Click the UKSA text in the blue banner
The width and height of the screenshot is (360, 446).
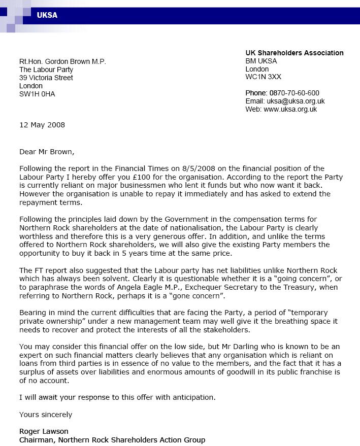click(47, 15)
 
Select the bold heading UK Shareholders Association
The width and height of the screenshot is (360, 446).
click(294, 53)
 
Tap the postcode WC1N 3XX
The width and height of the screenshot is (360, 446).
click(263, 77)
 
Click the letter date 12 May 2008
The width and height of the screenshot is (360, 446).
click(42, 125)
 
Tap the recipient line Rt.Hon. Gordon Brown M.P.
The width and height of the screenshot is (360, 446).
click(62, 61)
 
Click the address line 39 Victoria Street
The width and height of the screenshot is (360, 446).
click(46, 78)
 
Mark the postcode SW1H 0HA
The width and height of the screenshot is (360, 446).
click(37, 94)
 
